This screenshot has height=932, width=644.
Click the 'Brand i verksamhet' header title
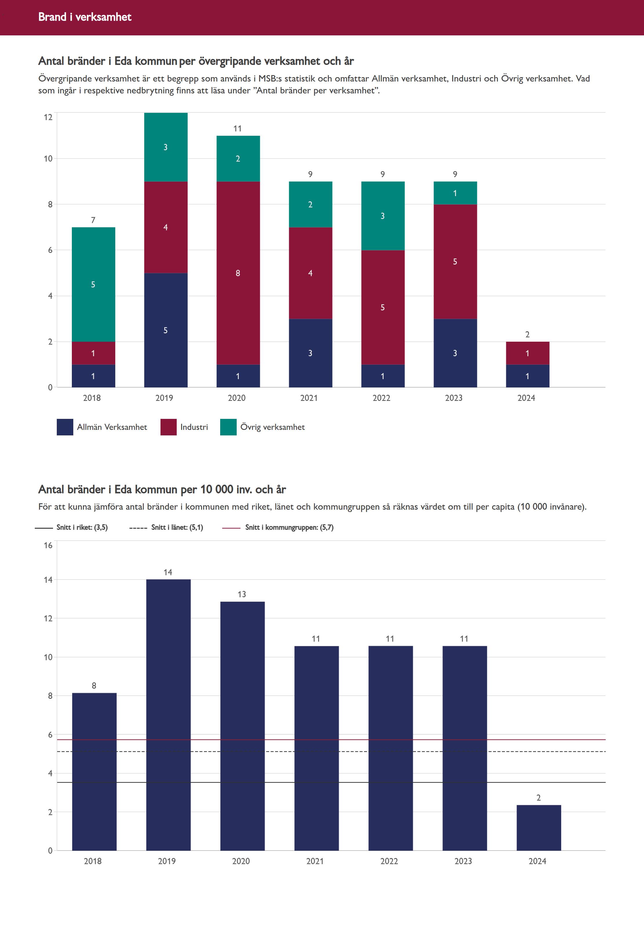tap(85, 17)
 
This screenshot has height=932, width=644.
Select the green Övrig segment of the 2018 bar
tap(93, 284)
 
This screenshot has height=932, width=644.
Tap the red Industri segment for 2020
tap(238, 273)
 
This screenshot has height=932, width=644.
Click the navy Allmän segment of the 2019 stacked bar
tap(165, 330)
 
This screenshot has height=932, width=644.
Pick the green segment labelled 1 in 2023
tap(455, 193)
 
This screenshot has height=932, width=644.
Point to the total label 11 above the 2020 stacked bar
tap(238, 129)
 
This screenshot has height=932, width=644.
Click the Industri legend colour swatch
tap(168, 427)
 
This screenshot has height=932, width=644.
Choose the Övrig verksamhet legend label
tap(272, 427)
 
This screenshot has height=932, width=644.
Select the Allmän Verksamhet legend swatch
tap(65, 427)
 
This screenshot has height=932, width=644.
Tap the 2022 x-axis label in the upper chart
tap(381, 398)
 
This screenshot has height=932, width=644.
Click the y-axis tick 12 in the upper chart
tap(48, 117)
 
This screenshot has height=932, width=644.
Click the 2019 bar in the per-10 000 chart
tap(168, 715)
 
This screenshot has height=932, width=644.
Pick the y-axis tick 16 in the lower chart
tap(48, 545)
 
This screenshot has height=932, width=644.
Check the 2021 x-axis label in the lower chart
tap(315, 861)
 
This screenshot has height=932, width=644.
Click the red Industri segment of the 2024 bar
tap(527, 353)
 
